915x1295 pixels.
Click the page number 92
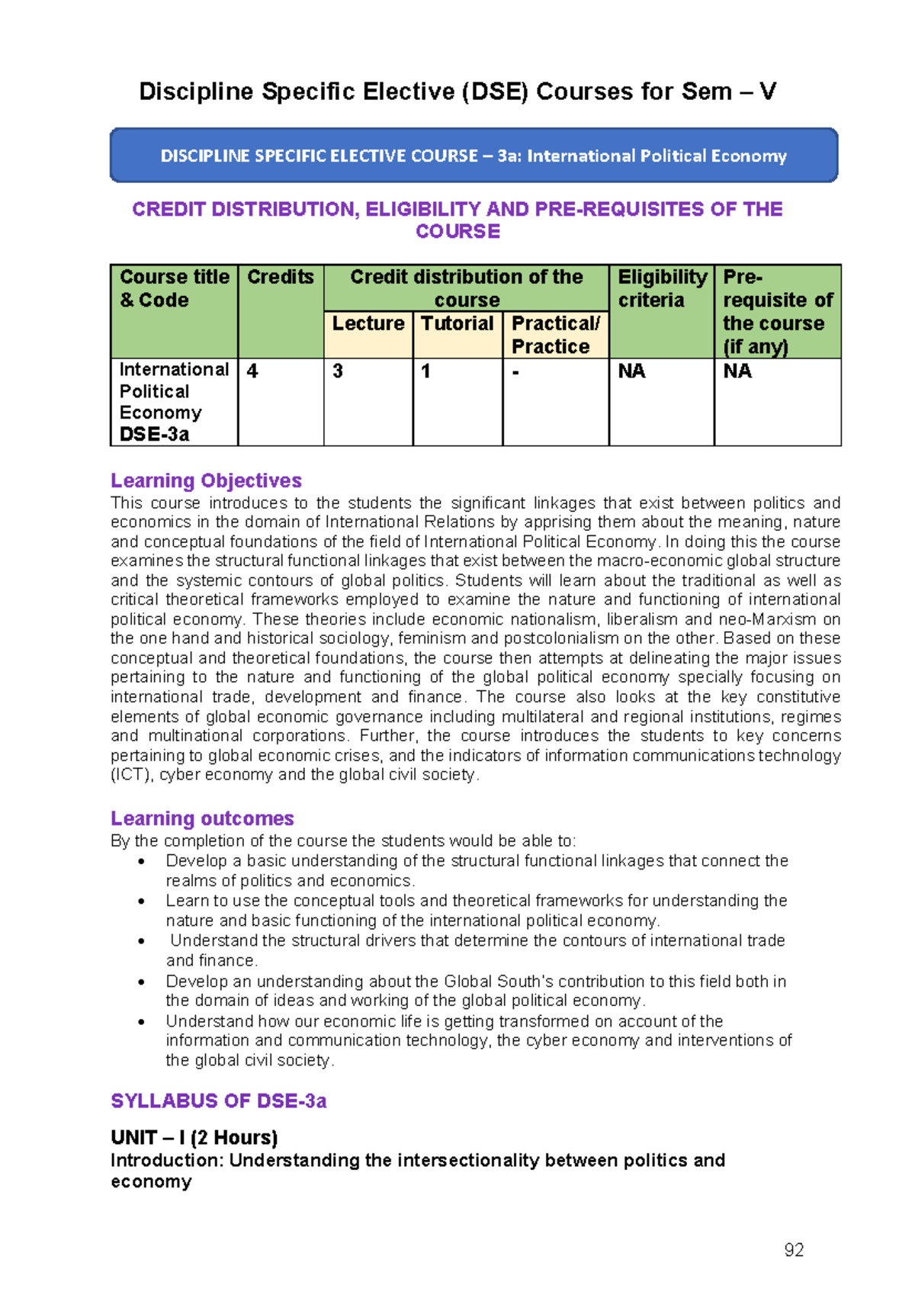click(x=794, y=1249)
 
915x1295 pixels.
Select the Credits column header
click(x=280, y=278)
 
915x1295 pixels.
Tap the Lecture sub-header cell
click(x=368, y=323)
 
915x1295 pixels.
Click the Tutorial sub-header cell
click(x=457, y=323)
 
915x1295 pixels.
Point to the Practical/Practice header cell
click(x=554, y=335)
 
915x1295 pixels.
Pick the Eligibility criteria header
click(x=661, y=288)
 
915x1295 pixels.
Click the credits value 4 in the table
click(x=252, y=371)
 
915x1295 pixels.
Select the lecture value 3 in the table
click(x=338, y=371)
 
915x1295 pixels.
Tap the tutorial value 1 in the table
click(x=425, y=371)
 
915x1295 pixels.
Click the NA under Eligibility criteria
click(x=631, y=371)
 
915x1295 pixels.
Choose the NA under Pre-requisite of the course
click(x=737, y=371)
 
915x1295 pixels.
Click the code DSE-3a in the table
click(x=154, y=434)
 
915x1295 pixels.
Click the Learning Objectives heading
click(x=206, y=480)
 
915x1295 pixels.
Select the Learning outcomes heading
click(x=202, y=818)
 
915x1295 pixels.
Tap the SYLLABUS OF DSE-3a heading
click(x=219, y=1101)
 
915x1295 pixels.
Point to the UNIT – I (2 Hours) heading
click(x=194, y=1138)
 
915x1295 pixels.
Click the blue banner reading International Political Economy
click(x=474, y=156)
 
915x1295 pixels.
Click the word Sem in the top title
click(x=706, y=92)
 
